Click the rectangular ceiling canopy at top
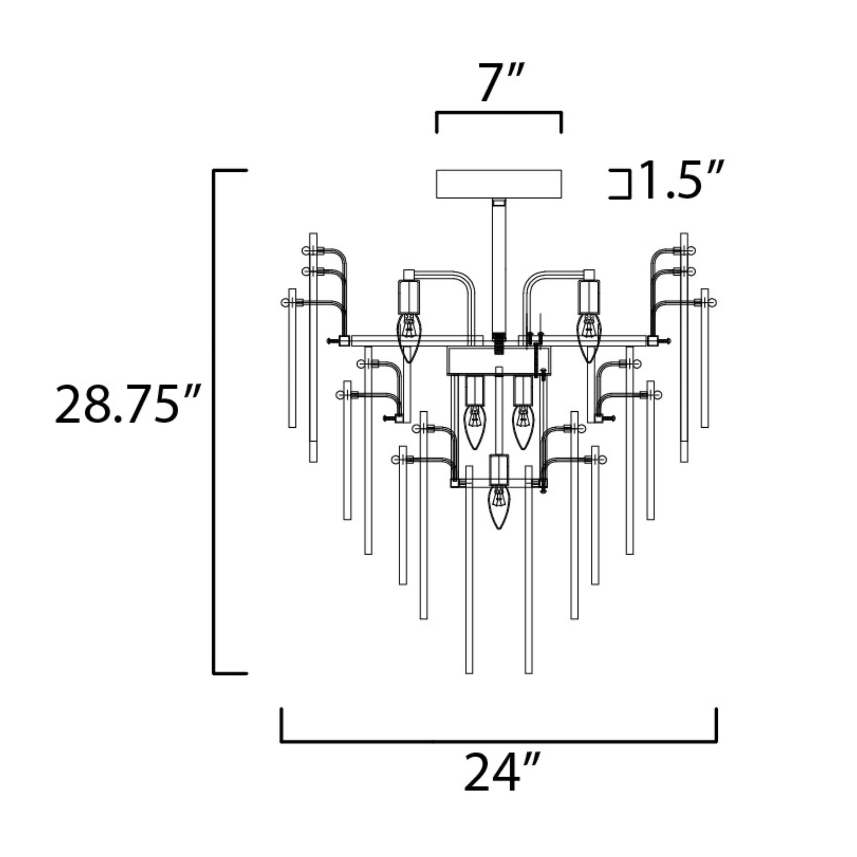[x=499, y=184]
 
